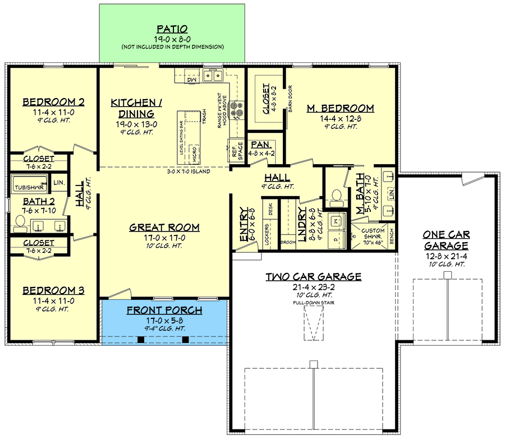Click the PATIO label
pos(172,29)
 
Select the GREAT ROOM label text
pos(164,227)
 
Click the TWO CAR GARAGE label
pos(313,276)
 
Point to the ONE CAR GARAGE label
pos(446,240)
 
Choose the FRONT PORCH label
pos(164,310)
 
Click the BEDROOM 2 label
pos(53,102)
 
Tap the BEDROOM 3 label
pos(53,290)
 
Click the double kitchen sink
pos(213,75)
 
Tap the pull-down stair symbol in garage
pos(313,325)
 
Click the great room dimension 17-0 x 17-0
pos(164,237)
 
